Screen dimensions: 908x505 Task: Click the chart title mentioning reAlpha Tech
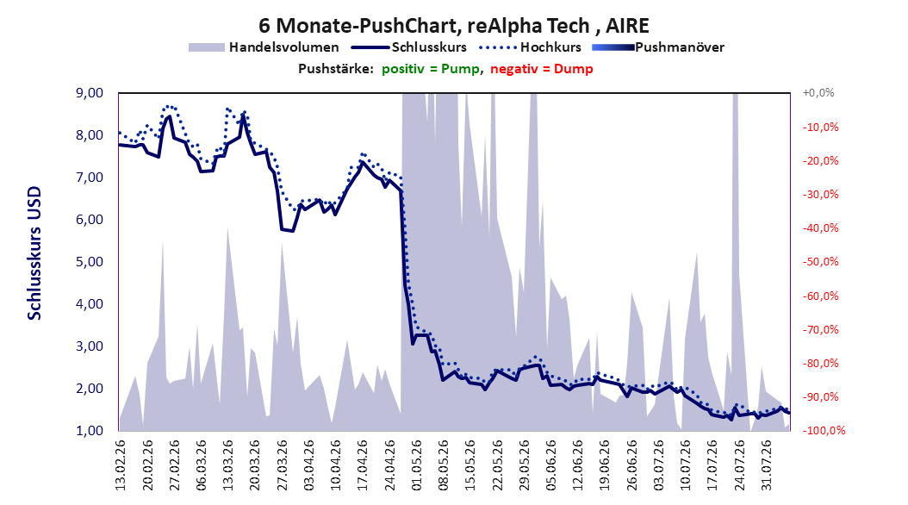coord(453,26)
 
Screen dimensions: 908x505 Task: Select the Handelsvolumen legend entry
coord(264,47)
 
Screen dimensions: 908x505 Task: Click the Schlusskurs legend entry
coord(409,47)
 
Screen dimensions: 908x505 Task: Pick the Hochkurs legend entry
coord(530,47)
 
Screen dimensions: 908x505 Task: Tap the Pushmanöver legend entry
coord(658,47)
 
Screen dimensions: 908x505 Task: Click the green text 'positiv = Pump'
coord(431,69)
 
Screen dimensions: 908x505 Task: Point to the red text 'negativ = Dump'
coord(542,69)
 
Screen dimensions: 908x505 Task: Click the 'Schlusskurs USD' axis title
coord(34,253)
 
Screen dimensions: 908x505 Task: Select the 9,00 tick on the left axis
coord(90,93)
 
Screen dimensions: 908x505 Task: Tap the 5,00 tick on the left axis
coord(90,262)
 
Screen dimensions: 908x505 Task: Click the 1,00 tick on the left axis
coord(90,431)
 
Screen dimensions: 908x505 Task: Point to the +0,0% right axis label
coord(818,93)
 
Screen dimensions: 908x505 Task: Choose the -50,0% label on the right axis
coord(820,262)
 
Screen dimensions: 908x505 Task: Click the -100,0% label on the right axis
coord(824,431)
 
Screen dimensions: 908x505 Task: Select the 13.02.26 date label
coord(121,465)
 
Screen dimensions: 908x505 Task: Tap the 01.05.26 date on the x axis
coord(416,465)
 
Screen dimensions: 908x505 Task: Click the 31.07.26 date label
coord(767,465)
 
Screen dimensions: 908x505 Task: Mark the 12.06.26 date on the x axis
coord(578,465)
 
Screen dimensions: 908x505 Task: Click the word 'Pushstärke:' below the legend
coord(336,69)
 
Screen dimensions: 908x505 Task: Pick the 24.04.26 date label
coord(389,465)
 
